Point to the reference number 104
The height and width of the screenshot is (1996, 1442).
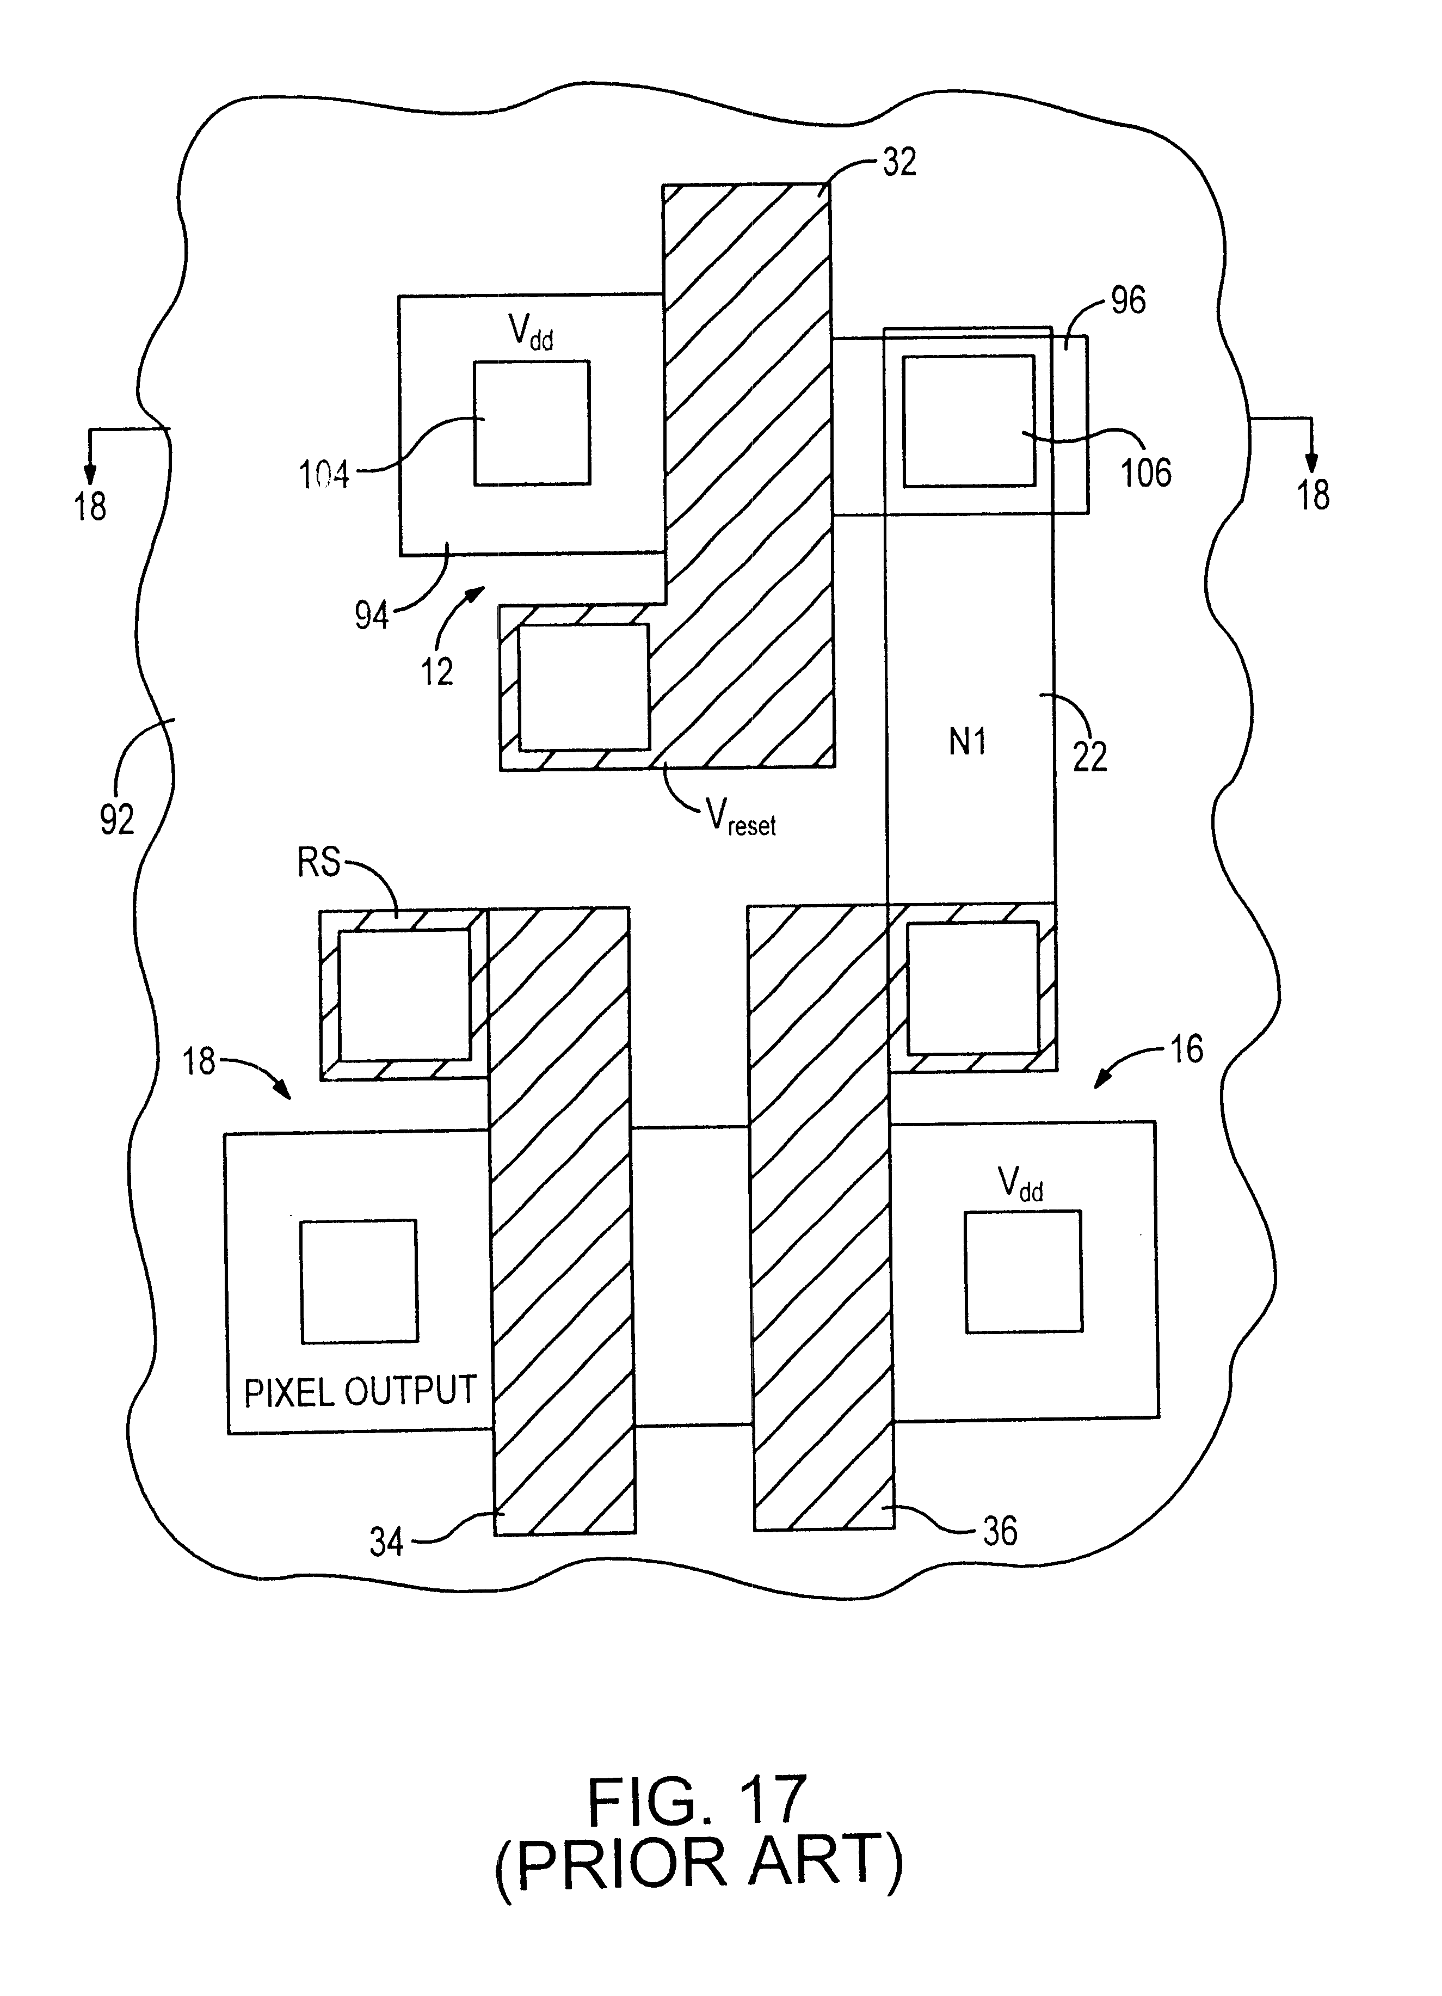(324, 475)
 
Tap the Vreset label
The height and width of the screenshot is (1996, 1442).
(741, 816)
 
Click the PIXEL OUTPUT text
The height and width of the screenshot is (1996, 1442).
(360, 1391)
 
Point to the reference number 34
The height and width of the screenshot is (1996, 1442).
(386, 1542)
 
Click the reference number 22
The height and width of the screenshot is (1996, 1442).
(1089, 756)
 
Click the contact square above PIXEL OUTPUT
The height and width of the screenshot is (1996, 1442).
(359, 1281)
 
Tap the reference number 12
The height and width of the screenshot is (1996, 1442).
(436, 672)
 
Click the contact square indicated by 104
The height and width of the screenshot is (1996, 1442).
(532, 422)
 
